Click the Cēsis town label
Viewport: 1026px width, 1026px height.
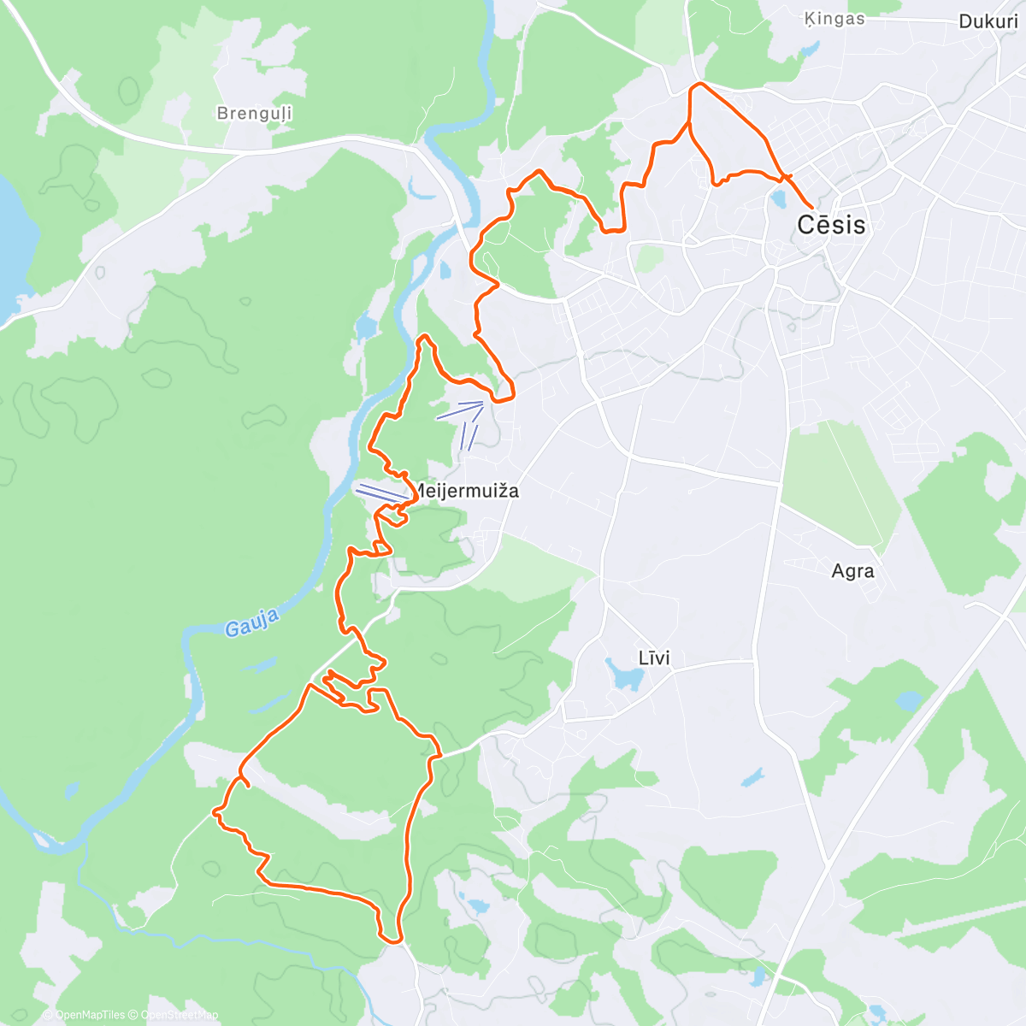831,225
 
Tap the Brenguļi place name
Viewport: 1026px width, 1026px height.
254,114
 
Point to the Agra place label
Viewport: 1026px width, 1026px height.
852,571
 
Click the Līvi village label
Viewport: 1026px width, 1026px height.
654,658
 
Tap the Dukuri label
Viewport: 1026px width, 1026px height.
988,22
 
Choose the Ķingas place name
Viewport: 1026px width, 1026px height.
834,19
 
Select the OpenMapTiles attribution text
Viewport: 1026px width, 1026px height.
89,1015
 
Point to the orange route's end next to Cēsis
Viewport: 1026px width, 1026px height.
810,207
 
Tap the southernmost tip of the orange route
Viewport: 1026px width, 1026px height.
393,941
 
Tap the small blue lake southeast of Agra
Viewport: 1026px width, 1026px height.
910,702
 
